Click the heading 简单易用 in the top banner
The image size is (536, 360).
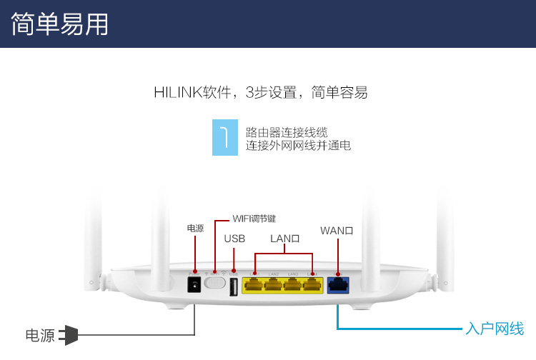(60, 24)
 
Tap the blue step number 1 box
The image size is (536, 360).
(224, 137)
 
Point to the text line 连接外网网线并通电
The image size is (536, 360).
(298, 146)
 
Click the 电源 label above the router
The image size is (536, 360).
(195, 229)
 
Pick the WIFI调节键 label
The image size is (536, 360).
(254, 219)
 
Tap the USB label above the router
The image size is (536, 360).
(234, 239)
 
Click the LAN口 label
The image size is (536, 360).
(284, 239)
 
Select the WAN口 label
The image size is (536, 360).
(337, 231)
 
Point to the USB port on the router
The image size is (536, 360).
(234, 287)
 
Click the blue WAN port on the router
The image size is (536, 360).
(337, 285)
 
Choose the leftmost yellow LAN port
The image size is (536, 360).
(253, 285)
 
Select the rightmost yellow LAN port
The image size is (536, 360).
(312, 285)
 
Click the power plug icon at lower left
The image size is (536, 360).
(68, 335)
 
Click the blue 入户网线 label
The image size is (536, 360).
(495, 329)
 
